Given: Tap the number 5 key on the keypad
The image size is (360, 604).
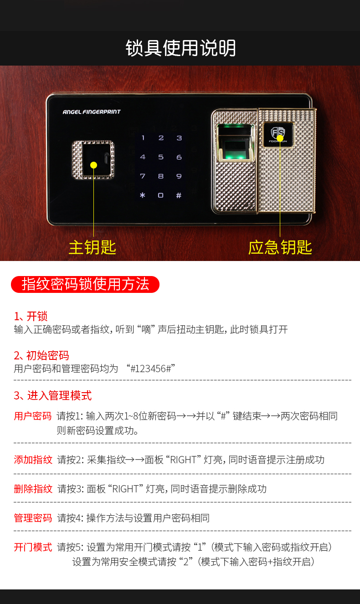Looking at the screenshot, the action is (161, 157).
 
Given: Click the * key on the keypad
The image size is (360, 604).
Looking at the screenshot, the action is (143, 195).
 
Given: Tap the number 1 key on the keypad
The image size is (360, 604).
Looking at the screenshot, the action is (143, 138).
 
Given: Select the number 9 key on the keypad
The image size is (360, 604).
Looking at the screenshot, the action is (179, 176).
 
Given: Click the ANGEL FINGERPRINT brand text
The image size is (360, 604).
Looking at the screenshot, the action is (92, 112).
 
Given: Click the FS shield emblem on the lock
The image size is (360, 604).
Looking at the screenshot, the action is (278, 133).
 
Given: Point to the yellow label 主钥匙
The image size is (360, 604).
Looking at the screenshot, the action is (92, 247).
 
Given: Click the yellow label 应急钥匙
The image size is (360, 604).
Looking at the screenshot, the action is (280, 247).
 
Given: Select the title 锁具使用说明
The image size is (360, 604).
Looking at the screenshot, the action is (180, 48).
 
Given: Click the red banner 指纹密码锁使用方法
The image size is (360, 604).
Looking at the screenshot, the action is (85, 284).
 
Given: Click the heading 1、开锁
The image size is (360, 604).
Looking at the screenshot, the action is (31, 316).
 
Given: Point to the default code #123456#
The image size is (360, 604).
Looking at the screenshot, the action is (151, 369).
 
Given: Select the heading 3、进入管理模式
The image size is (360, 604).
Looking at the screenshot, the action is (52, 395).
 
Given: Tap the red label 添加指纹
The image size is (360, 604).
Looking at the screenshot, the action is (33, 460).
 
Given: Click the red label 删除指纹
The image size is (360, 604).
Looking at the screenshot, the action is (33, 489).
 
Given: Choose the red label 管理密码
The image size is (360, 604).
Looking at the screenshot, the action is (33, 518).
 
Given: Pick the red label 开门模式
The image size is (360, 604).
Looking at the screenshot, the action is (33, 547).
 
